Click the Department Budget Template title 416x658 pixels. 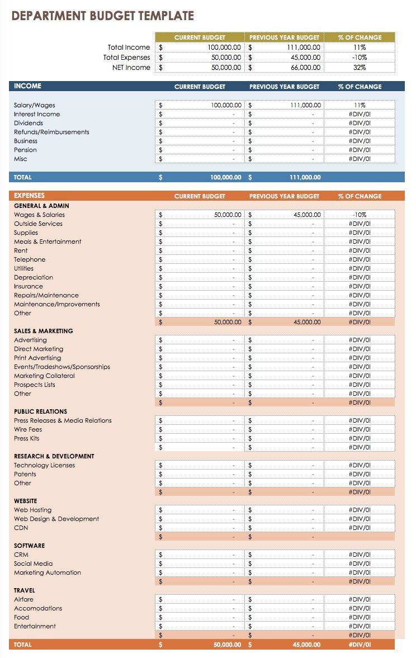pos(103,16)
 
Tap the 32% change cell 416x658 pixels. pos(359,68)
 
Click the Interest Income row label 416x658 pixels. pos(37,114)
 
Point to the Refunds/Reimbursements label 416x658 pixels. pos(51,132)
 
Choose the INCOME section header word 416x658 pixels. pos(27,86)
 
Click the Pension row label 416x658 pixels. pos(25,150)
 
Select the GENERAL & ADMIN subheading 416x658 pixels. pos(42,206)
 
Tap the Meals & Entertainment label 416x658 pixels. pos(48,242)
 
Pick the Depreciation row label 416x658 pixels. pos(34,277)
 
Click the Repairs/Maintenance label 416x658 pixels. pos(46,295)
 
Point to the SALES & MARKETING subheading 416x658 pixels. pos(44,331)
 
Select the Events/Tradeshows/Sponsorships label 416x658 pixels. pos(62,367)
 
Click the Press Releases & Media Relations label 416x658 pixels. pos(63,420)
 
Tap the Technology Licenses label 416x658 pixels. pos(44,465)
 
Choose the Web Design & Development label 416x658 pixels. pos(56,519)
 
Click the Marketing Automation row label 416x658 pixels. pos(48,572)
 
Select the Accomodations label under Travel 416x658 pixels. pos(38,608)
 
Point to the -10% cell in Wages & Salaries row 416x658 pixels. pos(359,215)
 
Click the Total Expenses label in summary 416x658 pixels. pos(126,58)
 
